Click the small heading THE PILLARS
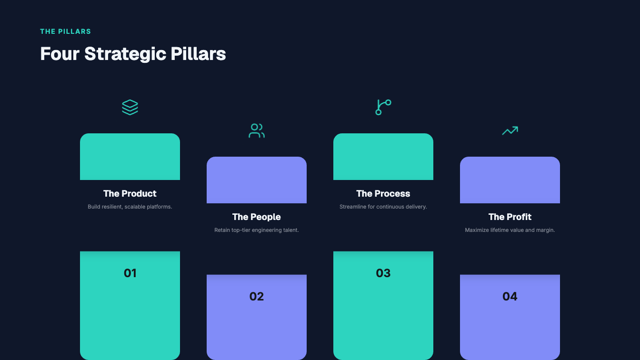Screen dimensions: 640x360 coord(65,31)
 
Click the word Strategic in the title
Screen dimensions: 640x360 coord(125,54)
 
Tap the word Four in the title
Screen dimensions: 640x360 coord(60,54)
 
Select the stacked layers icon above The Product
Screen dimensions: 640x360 coord(130,108)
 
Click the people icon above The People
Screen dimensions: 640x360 coord(257,131)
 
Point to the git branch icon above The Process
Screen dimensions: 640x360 coord(383,108)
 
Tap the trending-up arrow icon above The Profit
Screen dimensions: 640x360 coord(510,130)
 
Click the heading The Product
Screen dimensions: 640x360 coord(130,193)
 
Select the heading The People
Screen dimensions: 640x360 coord(257,217)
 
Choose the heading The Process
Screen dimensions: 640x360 coord(383,193)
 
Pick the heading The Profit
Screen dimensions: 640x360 coord(510,217)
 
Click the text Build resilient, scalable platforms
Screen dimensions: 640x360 coord(130,207)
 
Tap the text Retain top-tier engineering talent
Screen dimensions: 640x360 coord(257,230)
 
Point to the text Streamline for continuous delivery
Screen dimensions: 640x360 coord(383,207)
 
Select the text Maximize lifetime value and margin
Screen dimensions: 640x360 coord(510,230)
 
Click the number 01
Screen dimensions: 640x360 coord(130,273)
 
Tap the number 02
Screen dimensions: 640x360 coord(257,297)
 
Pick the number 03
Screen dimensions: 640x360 coord(383,273)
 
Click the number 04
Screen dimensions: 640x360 coord(510,297)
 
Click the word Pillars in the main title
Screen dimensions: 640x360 coord(198,54)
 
